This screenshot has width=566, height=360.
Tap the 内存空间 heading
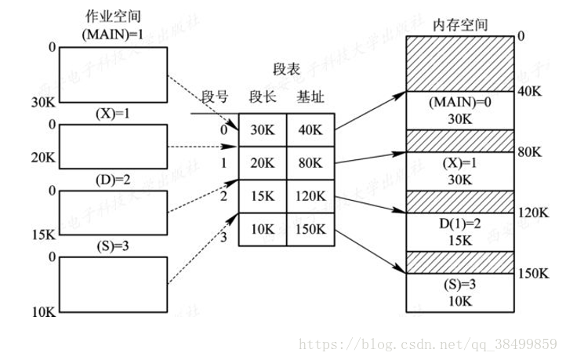460,25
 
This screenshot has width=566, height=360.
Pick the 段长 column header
261,97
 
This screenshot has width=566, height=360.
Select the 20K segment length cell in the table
262,164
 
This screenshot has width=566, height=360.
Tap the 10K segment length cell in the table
262,231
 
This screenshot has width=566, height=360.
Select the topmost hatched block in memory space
460,63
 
